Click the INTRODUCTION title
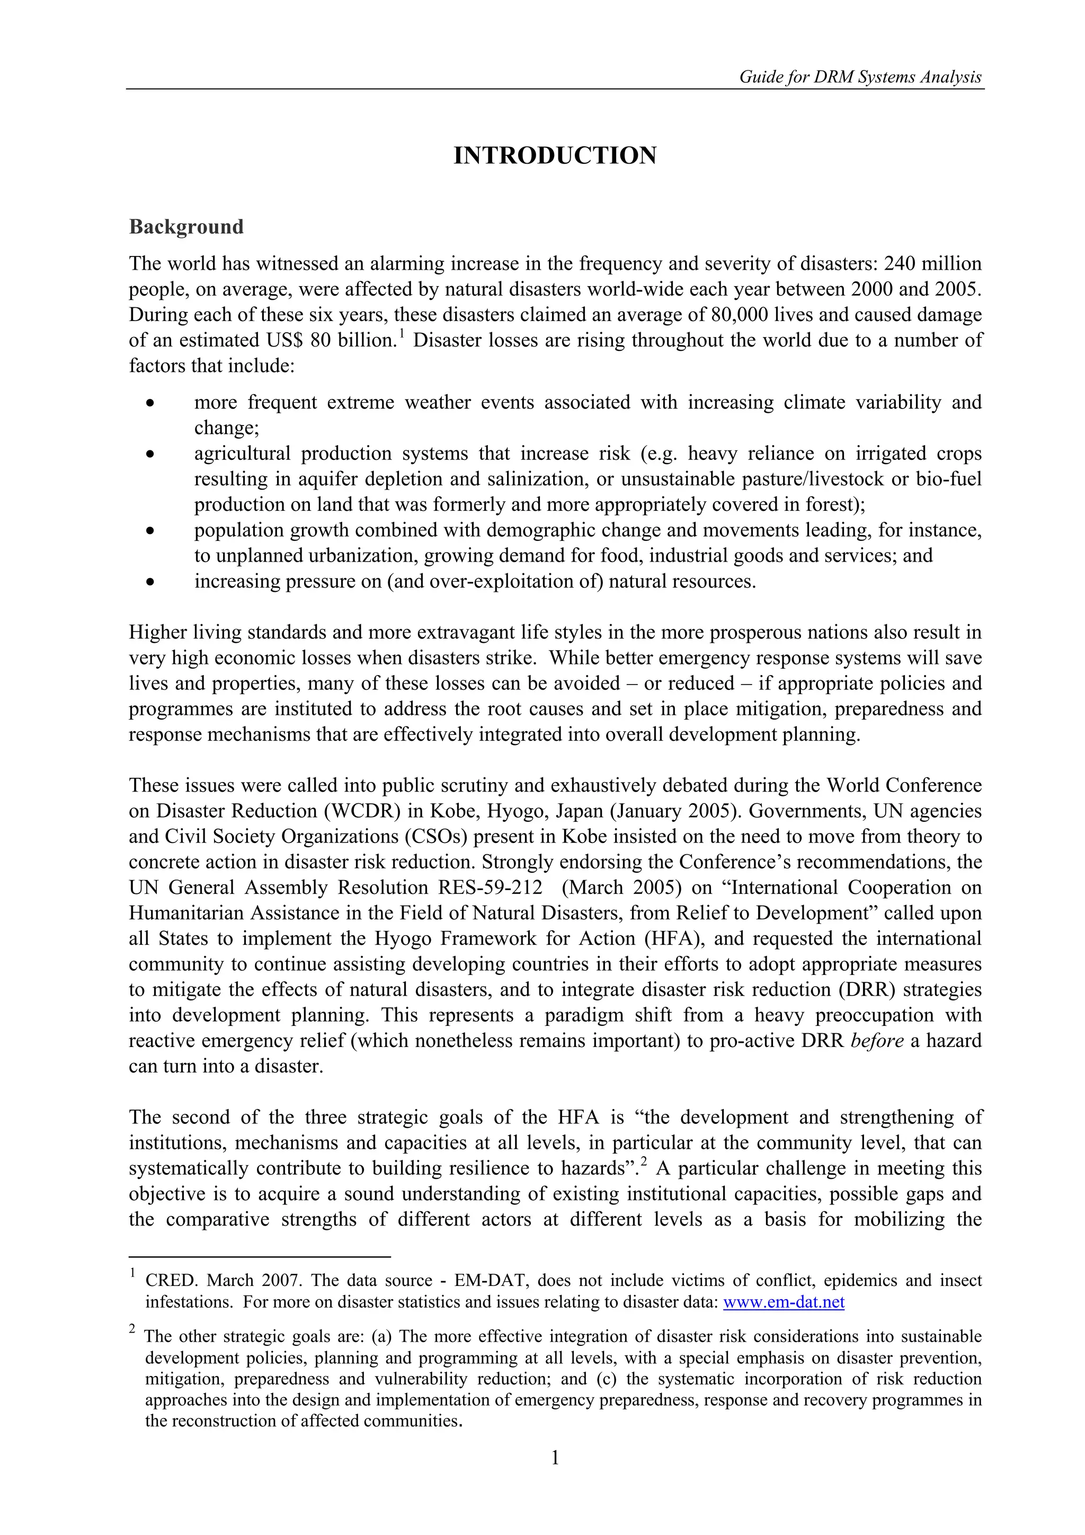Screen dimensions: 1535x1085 tap(555, 156)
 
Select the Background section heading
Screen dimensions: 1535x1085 tap(186, 227)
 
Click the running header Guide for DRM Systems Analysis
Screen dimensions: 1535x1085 tap(860, 77)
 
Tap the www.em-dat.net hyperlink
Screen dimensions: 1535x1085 tap(784, 1302)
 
